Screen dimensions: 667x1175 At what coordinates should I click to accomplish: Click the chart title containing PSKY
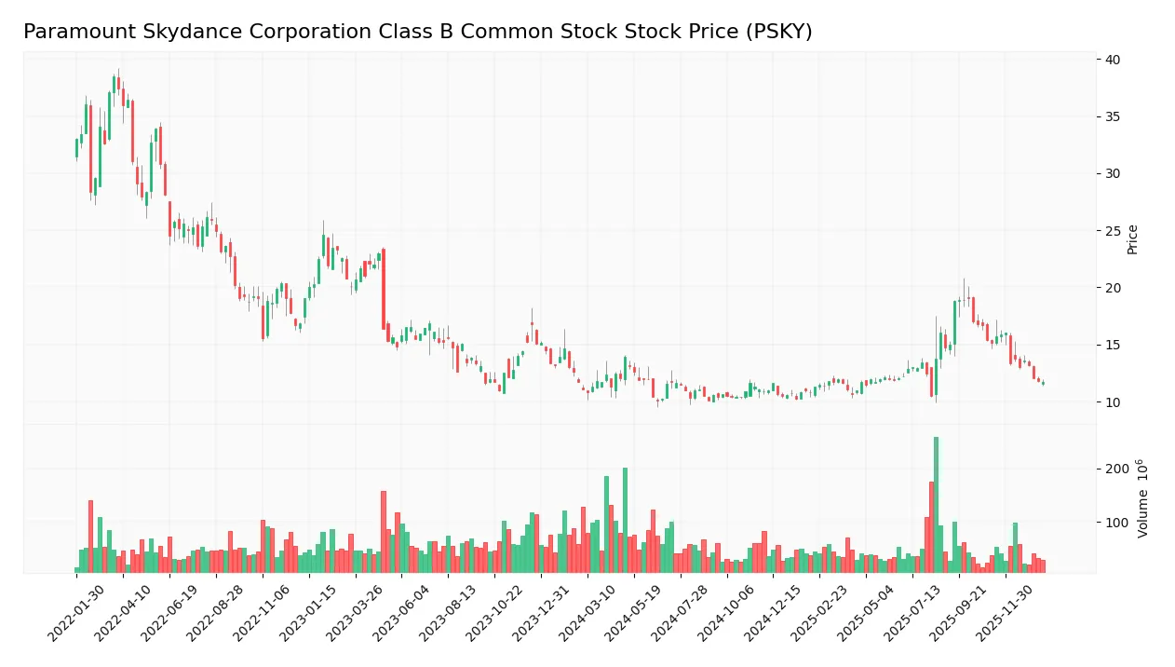pyautogui.click(x=417, y=32)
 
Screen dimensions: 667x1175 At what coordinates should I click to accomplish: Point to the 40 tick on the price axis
pyautogui.click(x=1113, y=60)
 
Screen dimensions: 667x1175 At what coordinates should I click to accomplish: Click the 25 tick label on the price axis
pyautogui.click(x=1113, y=231)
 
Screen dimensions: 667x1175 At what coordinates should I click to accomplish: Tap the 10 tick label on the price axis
pyautogui.click(x=1113, y=402)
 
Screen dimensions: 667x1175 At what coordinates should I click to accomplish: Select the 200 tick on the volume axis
pyautogui.click(x=1116, y=469)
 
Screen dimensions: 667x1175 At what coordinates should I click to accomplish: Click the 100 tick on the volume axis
pyautogui.click(x=1116, y=523)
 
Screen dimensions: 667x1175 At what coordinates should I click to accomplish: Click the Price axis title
pyautogui.click(x=1133, y=239)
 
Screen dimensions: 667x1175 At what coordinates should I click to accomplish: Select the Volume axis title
pyautogui.click(x=1143, y=498)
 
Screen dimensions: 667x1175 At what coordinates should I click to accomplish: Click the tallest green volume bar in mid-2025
pyautogui.click(x=936, y=504)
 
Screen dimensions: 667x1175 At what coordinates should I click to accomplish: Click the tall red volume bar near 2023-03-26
pyautogui.click(x=383, y=531)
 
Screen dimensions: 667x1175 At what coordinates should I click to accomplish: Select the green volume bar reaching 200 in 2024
pyautogui.click(x=625, y=520)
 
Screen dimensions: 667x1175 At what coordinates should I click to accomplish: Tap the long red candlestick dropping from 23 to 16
pyautogui.click(x=384, y=289)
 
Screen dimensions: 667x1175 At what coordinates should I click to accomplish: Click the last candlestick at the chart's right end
pyautogui.click(x=1043, y=383)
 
